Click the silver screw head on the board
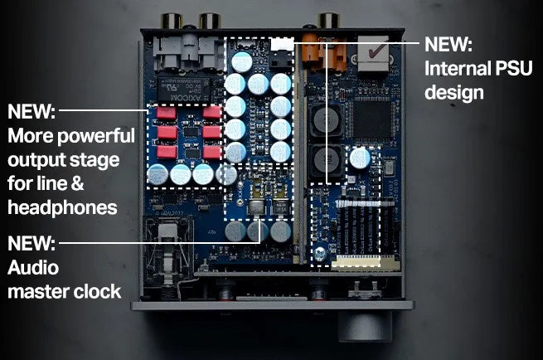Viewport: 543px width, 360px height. (319, 253)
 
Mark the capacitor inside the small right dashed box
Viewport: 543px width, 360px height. (360, 158)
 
